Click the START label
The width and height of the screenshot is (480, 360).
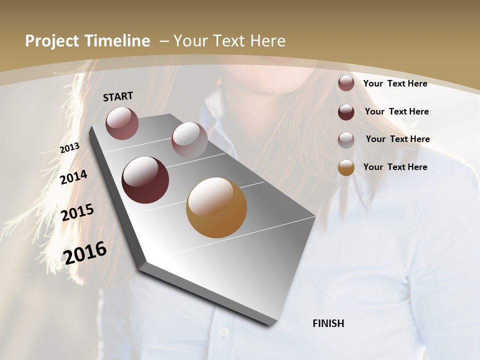118,96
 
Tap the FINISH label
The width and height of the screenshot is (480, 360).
328,323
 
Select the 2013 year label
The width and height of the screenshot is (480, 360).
69,148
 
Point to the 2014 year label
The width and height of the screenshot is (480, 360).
73,177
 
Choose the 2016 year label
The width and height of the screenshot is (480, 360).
85,253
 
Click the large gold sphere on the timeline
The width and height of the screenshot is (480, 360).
216,207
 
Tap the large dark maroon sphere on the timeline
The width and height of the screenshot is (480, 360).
145,180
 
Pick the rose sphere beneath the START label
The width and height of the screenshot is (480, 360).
122,123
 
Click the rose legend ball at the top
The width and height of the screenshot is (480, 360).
346,83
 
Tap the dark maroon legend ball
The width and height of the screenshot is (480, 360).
346,112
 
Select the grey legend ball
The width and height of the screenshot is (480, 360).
346,139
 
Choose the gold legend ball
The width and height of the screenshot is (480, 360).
346,167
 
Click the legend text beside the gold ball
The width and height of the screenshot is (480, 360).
395,167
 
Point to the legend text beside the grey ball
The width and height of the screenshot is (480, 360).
397,139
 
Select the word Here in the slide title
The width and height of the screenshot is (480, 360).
268,41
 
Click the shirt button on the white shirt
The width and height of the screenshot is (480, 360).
223,331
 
